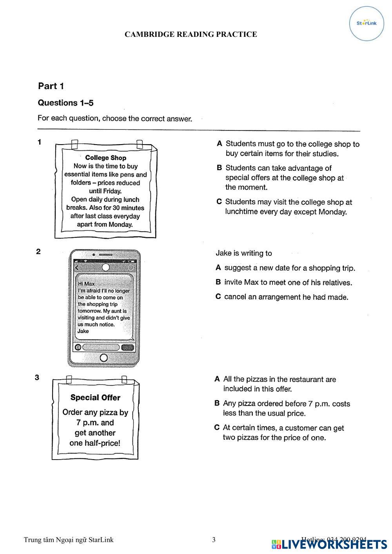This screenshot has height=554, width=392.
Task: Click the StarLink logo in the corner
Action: point(367,23)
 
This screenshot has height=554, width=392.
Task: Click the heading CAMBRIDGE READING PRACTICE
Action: point(191,34)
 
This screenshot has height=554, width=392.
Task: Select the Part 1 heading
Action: point(51,86)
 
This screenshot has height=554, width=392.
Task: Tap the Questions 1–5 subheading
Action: point(65,103)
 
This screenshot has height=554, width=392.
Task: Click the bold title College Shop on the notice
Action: point(105,158)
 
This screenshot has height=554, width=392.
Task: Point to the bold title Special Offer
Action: point(95,397)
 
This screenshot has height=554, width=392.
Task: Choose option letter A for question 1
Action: point(220,144)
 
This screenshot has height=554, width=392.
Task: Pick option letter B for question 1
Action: point(220,168)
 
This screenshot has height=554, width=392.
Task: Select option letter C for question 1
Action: point(220,202)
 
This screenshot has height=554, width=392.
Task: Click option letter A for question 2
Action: point(218,268)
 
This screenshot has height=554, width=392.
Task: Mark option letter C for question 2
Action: point(218,297)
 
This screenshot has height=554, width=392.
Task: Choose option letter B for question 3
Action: point(217,403)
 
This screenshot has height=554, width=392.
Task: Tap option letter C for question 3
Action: point(217,427)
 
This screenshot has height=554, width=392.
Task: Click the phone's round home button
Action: point(104,358)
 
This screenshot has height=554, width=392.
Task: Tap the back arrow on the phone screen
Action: point(77,268)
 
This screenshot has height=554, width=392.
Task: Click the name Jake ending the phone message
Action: point(83,331)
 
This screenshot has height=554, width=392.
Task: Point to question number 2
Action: point(38,252)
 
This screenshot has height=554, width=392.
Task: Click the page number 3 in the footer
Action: point(214,540)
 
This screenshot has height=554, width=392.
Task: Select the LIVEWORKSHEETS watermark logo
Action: point(329,544)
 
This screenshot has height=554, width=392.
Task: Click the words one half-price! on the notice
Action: point(95,443)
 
